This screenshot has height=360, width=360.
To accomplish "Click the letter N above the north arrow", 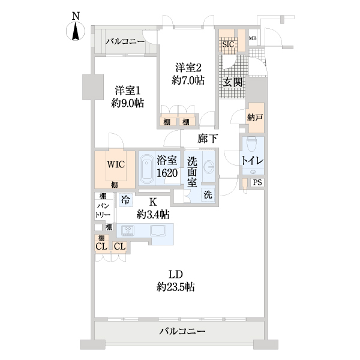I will click(x=76, y=17).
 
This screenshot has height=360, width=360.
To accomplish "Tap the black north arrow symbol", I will click(x=76, y=32).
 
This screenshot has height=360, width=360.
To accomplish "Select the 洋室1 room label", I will click(x=128, y=91).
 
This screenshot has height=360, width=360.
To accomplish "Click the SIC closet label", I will click(x=228, y=44).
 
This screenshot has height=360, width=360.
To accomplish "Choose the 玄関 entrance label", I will click(x=233, y=82).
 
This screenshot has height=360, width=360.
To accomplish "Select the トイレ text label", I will click(x=251, y=161).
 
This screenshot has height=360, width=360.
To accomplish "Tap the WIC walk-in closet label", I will click(x=116, y=164).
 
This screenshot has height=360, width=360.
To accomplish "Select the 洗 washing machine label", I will click(x=206, y=194).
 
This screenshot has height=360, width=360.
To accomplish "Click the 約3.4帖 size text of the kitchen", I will click(x=153, y=214).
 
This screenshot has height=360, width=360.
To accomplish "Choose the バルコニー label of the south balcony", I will click(x=182, y=331).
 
